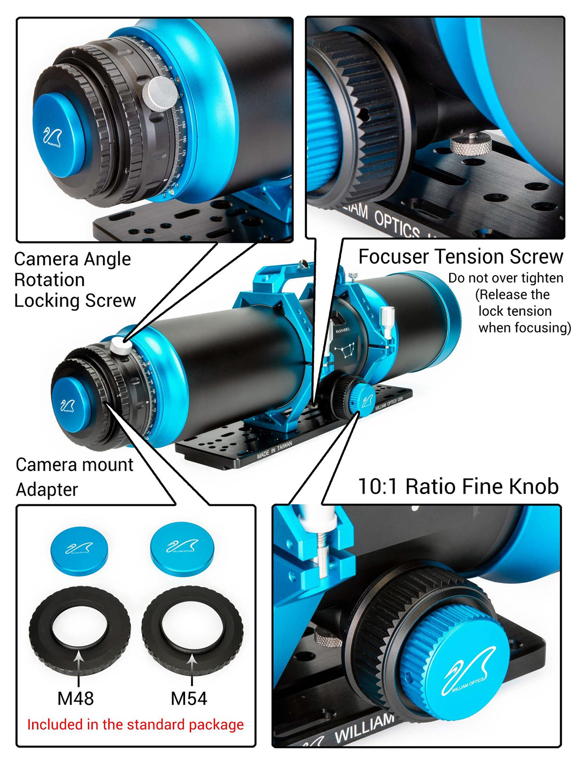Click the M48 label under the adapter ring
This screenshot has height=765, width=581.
click(76, 698)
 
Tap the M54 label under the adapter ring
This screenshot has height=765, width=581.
click(189, 698)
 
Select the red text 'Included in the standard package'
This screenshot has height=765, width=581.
click(136, 724)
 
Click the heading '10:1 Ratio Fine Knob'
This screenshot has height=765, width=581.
click(458, 486)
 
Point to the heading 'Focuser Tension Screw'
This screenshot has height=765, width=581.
click(460, 257)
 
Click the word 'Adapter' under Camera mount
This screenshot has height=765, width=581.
click(47, 490)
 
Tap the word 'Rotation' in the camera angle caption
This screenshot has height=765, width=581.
click(49, 280)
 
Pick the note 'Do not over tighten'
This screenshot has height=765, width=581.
click(505, 278)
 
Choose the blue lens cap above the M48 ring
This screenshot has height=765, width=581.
click(79, 550)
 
